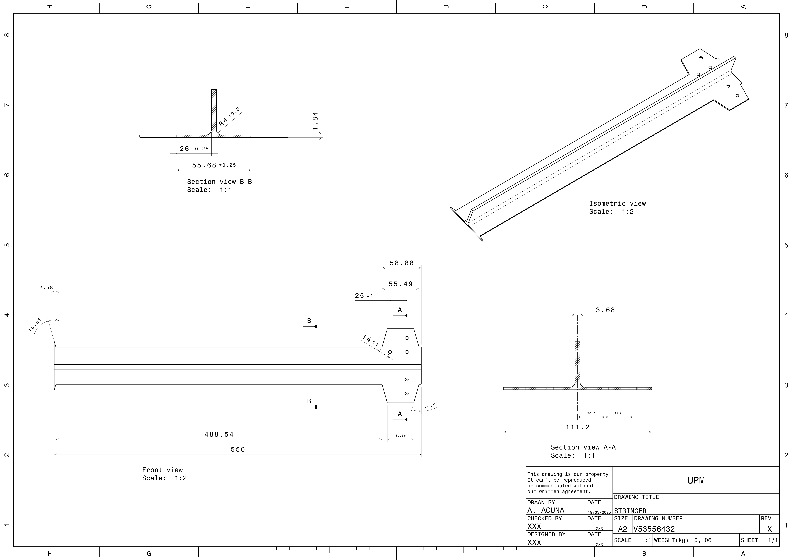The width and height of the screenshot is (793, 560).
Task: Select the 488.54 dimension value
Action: (x=219, y=434)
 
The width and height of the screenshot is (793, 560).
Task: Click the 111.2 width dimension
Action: (x=577, y=427)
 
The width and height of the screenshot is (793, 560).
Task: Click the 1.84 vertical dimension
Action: (x=315, y=121)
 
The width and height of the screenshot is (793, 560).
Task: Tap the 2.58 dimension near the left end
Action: (x=46, y=287)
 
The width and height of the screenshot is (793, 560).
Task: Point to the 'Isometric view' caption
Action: (x=617, y=204)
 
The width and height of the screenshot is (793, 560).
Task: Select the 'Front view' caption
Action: (x=162, y=470)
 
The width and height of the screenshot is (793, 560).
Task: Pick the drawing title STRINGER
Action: (x=630, y=511)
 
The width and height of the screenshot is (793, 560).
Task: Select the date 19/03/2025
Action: (x=599, y=512)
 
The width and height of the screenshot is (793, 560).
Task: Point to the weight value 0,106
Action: (x=702, y=540)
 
